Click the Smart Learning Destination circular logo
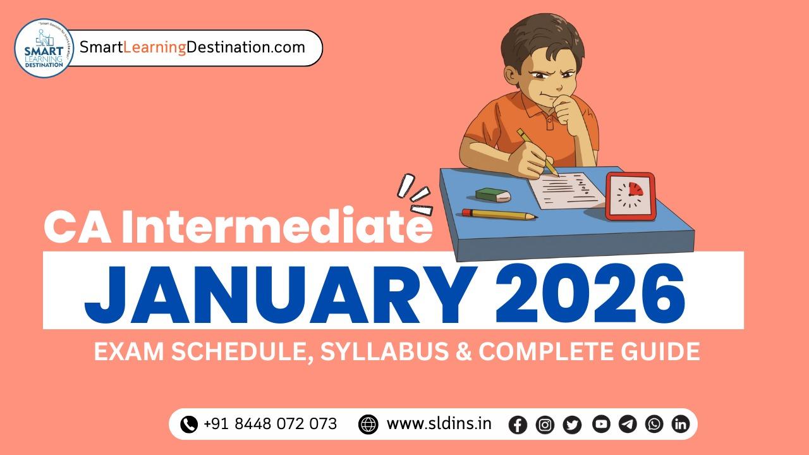pyautogui.click(x=44, y=48)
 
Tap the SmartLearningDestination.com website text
pyautogui.click(x=192, y=47)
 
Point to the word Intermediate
pyautogui.click(x=277, y=228)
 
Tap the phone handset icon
pyautogui.click(x=189, y=424)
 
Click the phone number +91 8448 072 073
pyautogui.click(x=270, y=423)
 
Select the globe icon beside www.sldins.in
pyautogui.click(x=368, y=424)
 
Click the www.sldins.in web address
pyautogui.click(x=439, y=423)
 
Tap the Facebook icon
pyautogui.click(x=518, y=425)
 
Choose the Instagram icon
pyautogui.click(x=545, y=425)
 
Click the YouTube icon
pyautogui.click(x=600, y=424)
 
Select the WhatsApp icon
pyautogui.click(x=654, y=424)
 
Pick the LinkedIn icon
pyautogui.click(x=680, y=424)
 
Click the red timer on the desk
pyautogui.click(x=630, y=195)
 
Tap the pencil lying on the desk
pyautogui.click(x=499, y=214)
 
